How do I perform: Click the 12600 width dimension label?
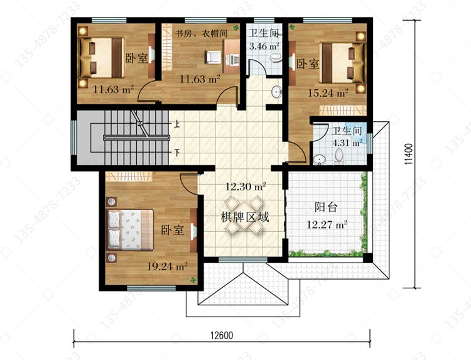222,335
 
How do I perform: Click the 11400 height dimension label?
409,155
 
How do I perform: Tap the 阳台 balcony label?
326,207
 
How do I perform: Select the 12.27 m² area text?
327,224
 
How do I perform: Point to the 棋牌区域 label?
245,217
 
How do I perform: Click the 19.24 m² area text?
167,266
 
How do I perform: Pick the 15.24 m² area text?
328,93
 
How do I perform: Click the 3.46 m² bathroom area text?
264,46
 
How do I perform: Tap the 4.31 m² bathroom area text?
347,143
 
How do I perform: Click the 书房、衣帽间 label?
201,33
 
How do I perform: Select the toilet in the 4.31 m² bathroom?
338,156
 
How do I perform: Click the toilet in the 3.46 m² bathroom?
276,57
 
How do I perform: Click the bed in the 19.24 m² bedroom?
131,230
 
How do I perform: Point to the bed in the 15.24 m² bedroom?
342,63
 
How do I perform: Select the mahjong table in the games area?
244,214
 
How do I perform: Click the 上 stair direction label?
177,124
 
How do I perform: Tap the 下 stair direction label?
177,153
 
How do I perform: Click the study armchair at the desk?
214,57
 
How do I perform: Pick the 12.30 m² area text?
246,187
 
